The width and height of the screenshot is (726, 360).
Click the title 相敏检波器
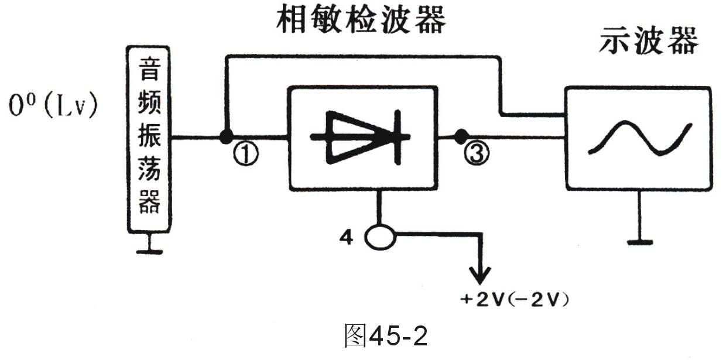tap(359, 20)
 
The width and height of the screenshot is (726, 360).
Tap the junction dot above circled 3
tap(461, 138)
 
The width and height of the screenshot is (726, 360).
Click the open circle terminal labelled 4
tap(380, 238)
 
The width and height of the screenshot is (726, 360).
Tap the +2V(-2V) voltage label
tap(515, 300)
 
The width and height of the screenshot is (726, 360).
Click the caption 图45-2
tap(386, 337)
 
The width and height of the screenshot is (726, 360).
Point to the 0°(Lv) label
tap(53, 108)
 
